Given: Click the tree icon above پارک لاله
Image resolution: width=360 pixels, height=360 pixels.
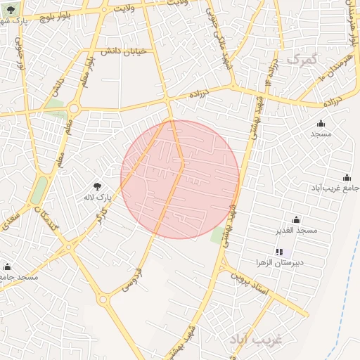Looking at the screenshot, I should point(97,186).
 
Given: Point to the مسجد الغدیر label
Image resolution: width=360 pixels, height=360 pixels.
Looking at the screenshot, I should point(297,230).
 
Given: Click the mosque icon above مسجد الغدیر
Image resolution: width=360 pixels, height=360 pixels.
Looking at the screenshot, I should point(296,219).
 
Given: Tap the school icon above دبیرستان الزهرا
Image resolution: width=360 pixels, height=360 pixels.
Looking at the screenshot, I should point(280,251).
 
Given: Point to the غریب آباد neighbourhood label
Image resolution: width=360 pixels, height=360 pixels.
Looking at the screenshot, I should point(255,339).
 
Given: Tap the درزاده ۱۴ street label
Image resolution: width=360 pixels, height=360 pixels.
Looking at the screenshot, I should point(274,71).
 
